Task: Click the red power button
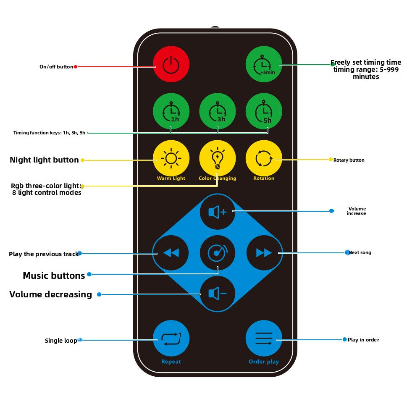click(x=171, y=64)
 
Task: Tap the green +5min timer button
click(x=264, y=64)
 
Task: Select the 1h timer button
click(x=171, y=111)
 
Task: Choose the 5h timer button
click(x=264, y=111)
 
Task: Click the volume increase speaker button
click(x=217, y=212)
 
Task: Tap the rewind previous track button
click(x=171, y=252)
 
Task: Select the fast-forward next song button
click(x=264, y=252)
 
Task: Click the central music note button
click(x=217, y=252)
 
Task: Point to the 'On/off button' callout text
click(x=56, y=67)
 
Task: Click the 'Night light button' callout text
click(x=44, y=160)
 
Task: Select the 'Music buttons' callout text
click(x=54, y=276)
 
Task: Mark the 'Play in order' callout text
click(x=363, y=340)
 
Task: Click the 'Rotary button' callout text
click(x=349, y=160)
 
